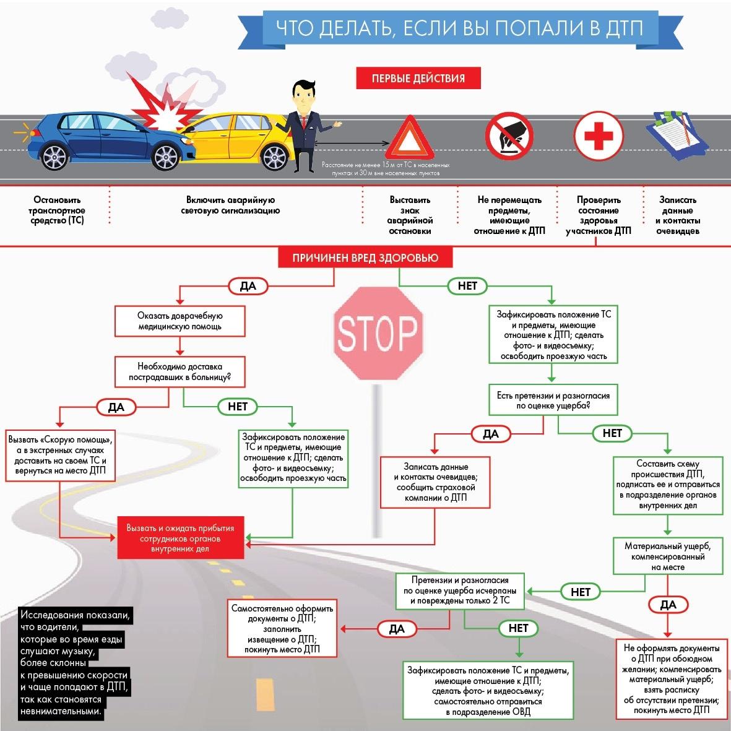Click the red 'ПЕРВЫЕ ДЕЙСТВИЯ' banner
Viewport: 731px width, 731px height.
(418, 78)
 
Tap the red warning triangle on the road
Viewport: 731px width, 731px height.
(410, 137)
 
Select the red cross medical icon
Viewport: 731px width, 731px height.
(599, 136)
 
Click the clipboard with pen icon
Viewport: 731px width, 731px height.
(678, 135)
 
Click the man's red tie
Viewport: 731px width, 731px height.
(303, 122)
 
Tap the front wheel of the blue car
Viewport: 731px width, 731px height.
(166, 157)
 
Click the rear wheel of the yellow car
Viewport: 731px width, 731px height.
(275, 157)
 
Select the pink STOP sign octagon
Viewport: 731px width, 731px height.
(378, 333)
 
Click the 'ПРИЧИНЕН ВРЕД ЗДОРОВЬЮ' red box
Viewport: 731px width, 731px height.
(365, 258)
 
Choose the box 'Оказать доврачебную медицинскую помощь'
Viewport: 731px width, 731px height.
(180, 321)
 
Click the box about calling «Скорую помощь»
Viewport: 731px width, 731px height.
(60, 456)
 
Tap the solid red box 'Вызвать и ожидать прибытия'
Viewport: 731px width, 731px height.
(180, 537)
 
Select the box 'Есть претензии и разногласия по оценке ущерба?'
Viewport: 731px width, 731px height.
(553, 400)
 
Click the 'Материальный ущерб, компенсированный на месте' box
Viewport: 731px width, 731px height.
(668, 556)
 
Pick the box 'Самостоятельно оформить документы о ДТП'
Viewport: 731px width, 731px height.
(282, 628)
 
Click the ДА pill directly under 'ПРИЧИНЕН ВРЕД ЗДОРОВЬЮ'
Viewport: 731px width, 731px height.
(248, 286)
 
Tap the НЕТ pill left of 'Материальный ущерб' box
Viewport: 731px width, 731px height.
(581, 592)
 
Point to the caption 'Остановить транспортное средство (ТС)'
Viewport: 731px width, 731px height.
(57, 210)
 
